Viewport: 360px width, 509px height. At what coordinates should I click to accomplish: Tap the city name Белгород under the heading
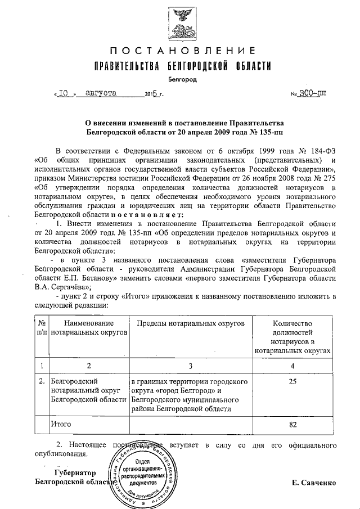180,80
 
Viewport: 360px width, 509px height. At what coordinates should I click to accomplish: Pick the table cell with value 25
292,381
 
